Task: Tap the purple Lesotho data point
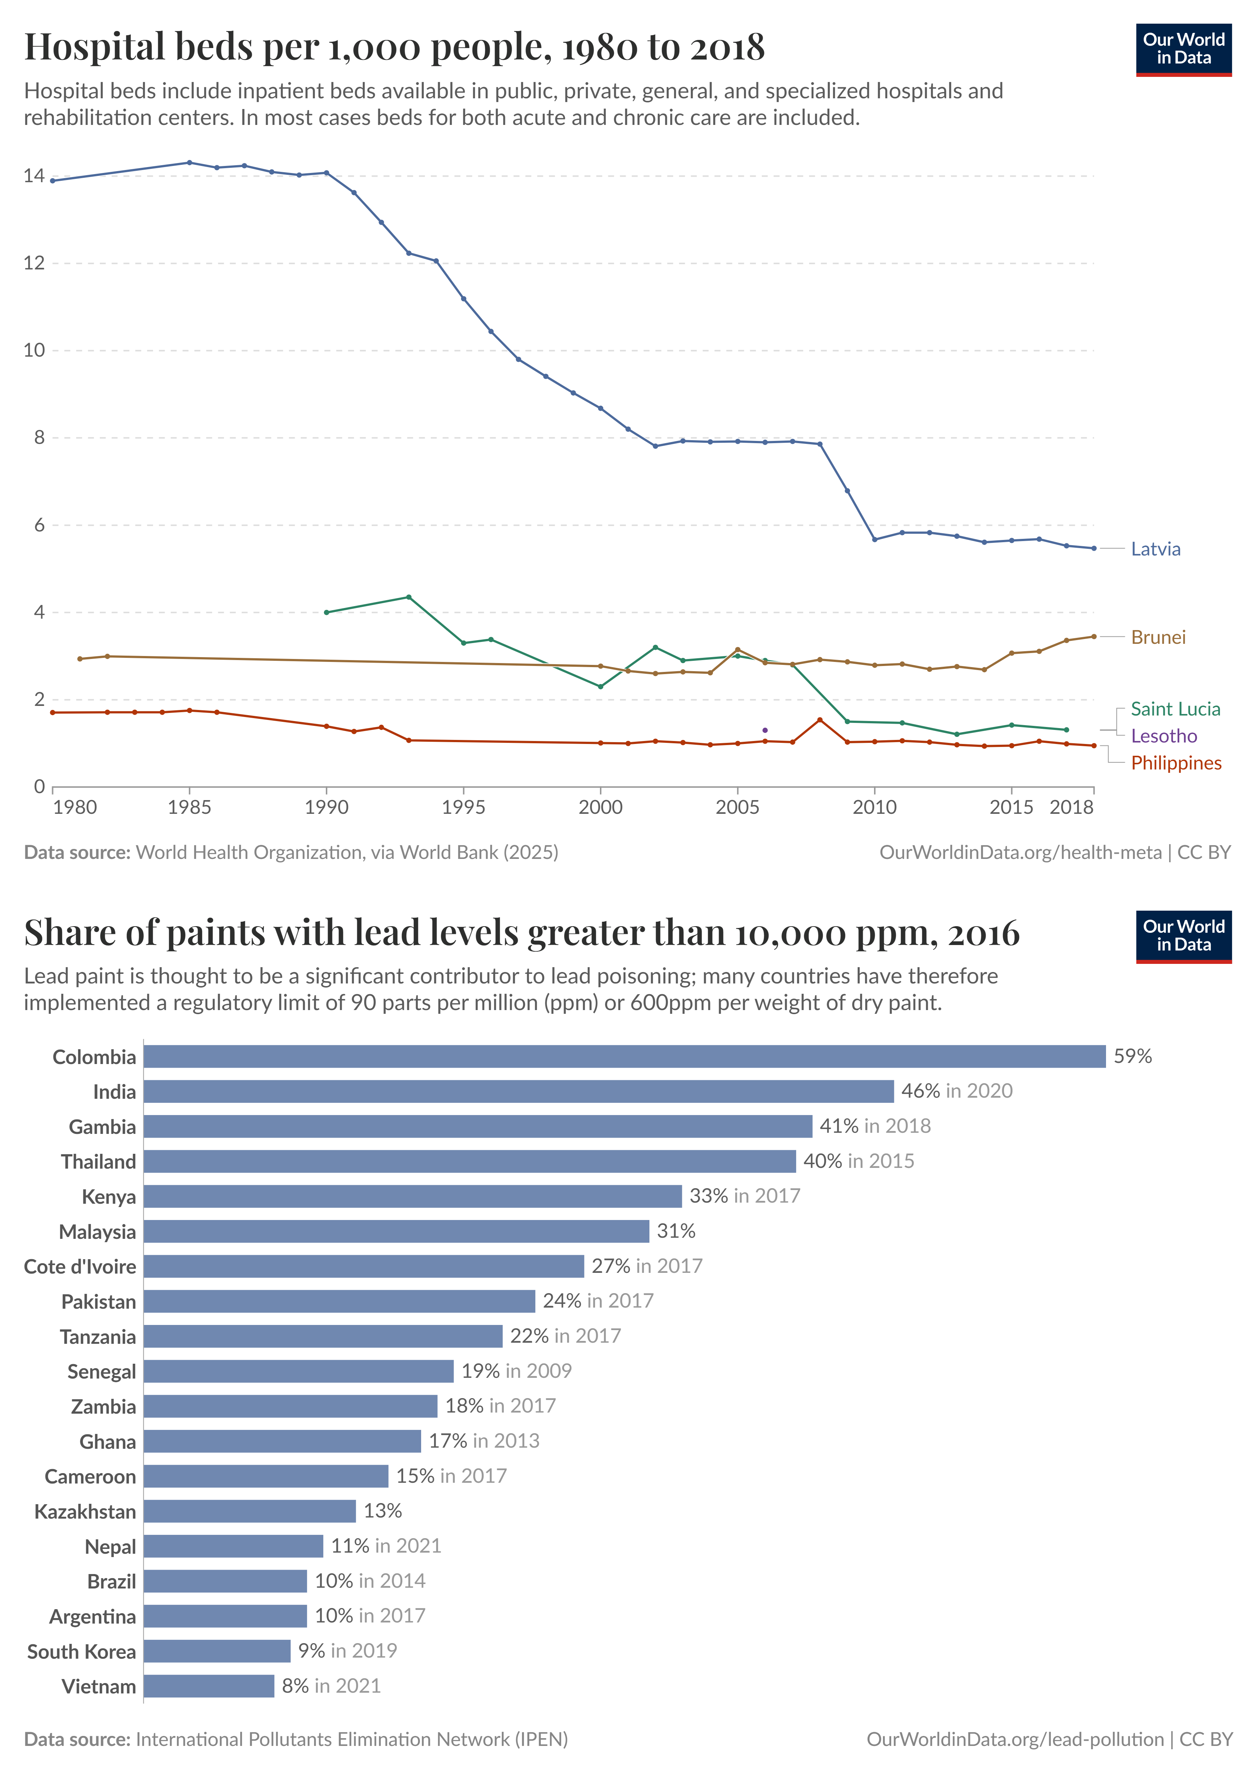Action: pos(765,730)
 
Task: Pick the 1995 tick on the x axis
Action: pos(463,807)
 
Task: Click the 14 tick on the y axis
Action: pos(34,176)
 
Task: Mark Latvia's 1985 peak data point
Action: pos(190,163)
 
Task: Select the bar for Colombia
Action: pos(624,1056)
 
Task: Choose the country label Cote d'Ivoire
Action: pos(80,1267)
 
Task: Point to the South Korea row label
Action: pos(81,1651)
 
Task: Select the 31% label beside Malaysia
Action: pos(676,1231)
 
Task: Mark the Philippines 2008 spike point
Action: pos(820,720)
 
